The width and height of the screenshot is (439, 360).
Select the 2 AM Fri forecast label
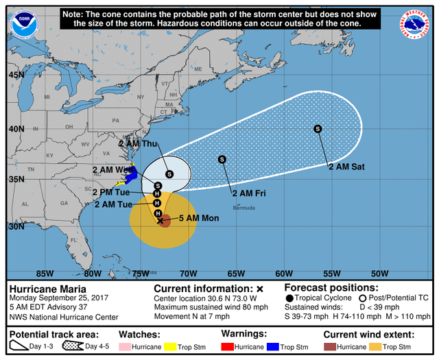(249, 193)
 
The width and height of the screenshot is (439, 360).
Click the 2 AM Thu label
(138, 144)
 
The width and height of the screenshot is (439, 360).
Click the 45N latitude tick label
(16, 75)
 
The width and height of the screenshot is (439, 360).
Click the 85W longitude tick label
(45, 272)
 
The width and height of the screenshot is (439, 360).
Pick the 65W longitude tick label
(236, 272)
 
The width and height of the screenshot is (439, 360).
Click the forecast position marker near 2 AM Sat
(318, 128)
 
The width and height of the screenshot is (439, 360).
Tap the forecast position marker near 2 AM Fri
(222, 159)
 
